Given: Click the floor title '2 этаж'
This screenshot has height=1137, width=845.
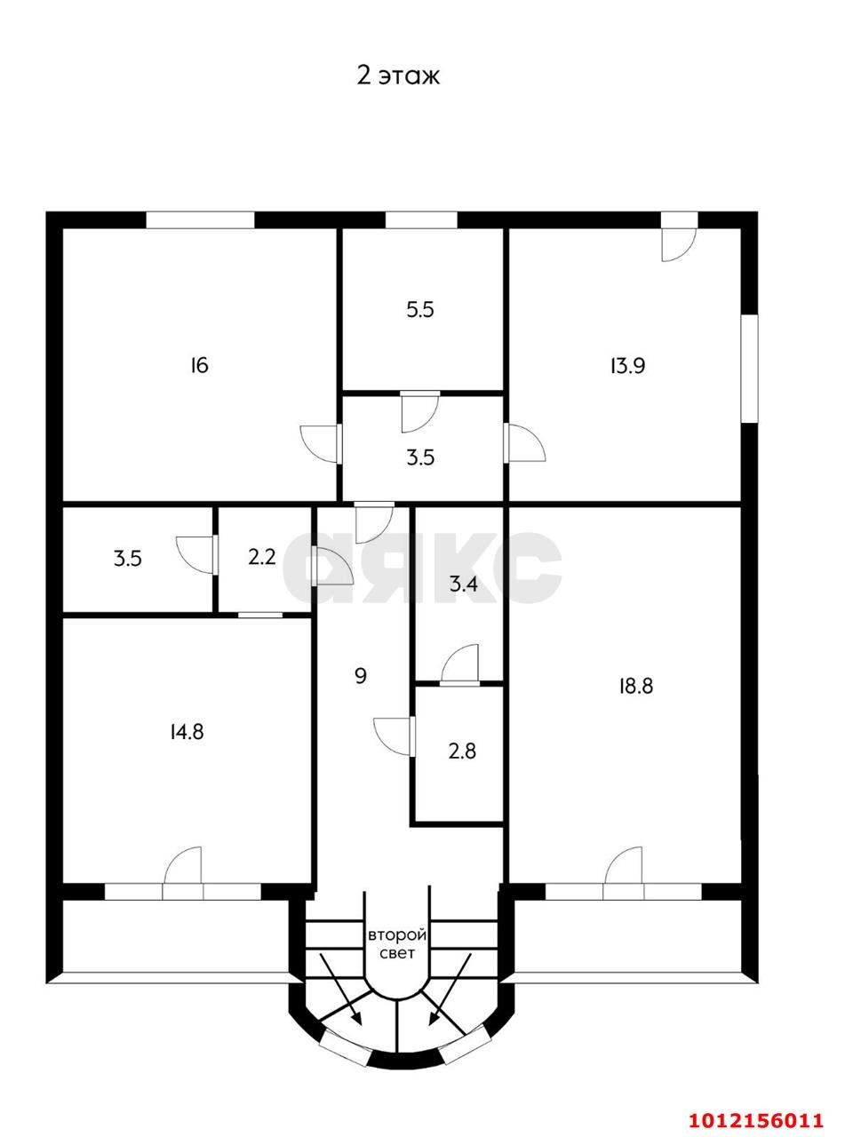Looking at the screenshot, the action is tap(398, 76).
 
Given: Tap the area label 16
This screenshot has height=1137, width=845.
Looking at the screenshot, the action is tap(199, 366).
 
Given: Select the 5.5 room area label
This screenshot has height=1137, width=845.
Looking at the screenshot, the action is tap(420, 310).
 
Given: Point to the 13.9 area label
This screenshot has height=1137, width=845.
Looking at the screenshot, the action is tap(627, 366).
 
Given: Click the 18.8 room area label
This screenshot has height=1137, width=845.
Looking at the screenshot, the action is tap(636, 686).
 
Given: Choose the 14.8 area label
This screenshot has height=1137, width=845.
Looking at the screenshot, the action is tap(187, 732).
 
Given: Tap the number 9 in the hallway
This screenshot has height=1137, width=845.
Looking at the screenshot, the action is tap(361, 676).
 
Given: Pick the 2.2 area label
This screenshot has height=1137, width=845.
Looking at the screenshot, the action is tap(262, 557).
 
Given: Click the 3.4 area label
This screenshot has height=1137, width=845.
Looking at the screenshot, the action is tap(464, 584).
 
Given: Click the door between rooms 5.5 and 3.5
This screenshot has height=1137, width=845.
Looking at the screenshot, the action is tap(420, 411).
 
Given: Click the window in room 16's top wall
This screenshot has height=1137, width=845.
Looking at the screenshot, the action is tap(200, 220).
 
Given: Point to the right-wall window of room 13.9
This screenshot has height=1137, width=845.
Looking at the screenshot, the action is tap(749, 369).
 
